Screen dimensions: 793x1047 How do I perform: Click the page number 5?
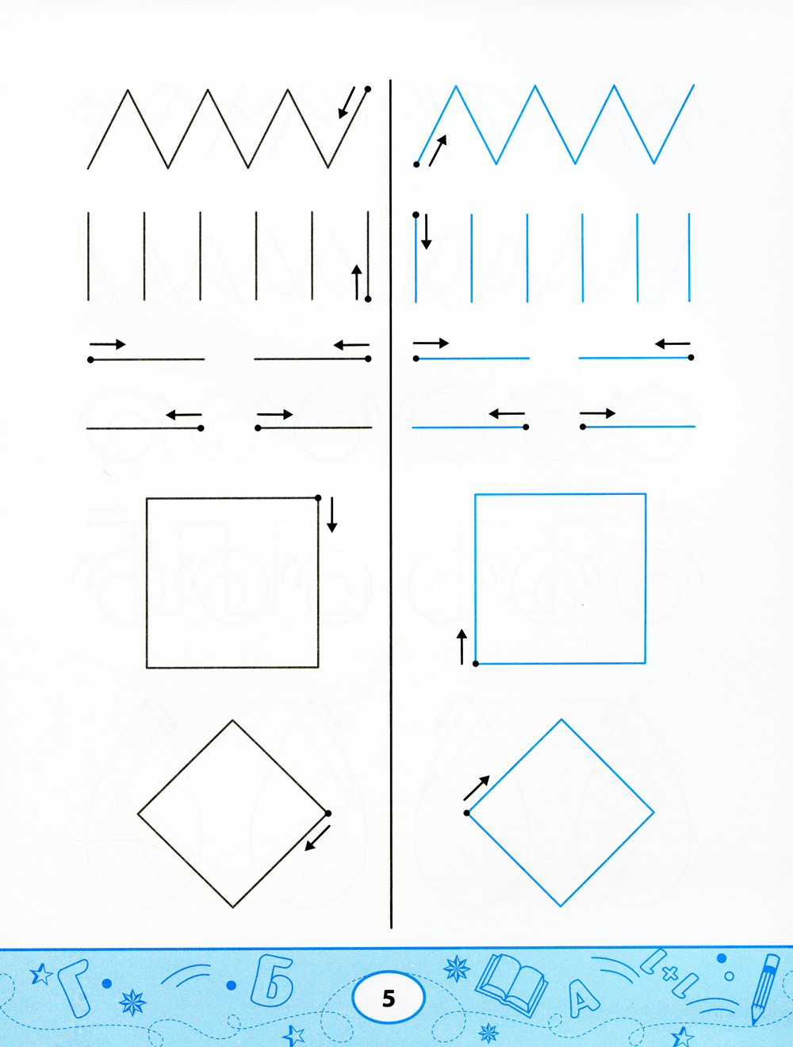389,999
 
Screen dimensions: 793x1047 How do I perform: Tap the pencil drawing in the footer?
766,988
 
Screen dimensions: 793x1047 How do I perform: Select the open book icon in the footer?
511,987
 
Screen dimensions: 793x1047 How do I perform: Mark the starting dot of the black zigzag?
368,89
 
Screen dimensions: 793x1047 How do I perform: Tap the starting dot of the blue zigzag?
416,164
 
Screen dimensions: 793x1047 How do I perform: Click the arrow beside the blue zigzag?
438,150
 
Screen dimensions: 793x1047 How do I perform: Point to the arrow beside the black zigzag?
347,102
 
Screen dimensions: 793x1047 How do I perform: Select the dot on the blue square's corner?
476,664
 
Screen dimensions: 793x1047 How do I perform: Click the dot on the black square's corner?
318,498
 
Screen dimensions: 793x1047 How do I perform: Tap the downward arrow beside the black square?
332,515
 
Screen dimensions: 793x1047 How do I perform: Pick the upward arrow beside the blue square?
462,646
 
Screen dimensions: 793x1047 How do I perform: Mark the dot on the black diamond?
328,813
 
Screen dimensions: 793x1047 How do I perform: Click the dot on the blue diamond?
467,813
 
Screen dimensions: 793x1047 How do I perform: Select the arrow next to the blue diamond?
477,788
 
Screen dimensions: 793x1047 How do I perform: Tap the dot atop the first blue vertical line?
416,215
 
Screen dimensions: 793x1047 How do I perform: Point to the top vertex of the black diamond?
232,720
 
